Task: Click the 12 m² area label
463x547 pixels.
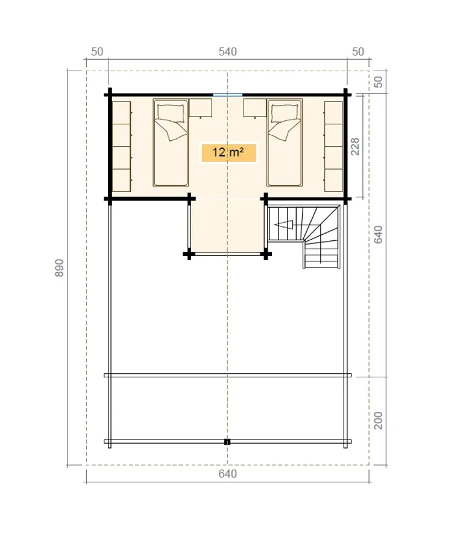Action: click(x=228, y=153)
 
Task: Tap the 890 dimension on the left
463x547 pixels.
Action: click(x=60, y=268)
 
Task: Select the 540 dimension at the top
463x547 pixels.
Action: click(x=227, y=52)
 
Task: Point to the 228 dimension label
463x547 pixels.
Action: click(x=354, y=147)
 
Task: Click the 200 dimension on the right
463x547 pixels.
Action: click(x=378, y=420)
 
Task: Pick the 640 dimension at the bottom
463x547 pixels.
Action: click(x=227, y=474)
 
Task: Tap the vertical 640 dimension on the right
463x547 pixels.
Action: click(x=378, y=234)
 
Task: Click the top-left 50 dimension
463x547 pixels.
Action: click(x=97, y=52)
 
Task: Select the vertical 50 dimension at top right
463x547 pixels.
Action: click(x=378, y=82)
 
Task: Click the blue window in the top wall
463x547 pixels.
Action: click(x=227, y=95)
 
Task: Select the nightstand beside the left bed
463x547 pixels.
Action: click(x=201, y=108)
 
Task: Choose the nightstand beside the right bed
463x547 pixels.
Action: click(x=255, y=108)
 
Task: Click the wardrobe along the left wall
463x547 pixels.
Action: click(x=121, y=147)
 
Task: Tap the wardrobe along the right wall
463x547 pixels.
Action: click(x=333, y=147)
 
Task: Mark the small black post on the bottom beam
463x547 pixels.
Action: click(x=227, y=442)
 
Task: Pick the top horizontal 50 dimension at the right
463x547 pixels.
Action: click(x=358, y=52)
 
